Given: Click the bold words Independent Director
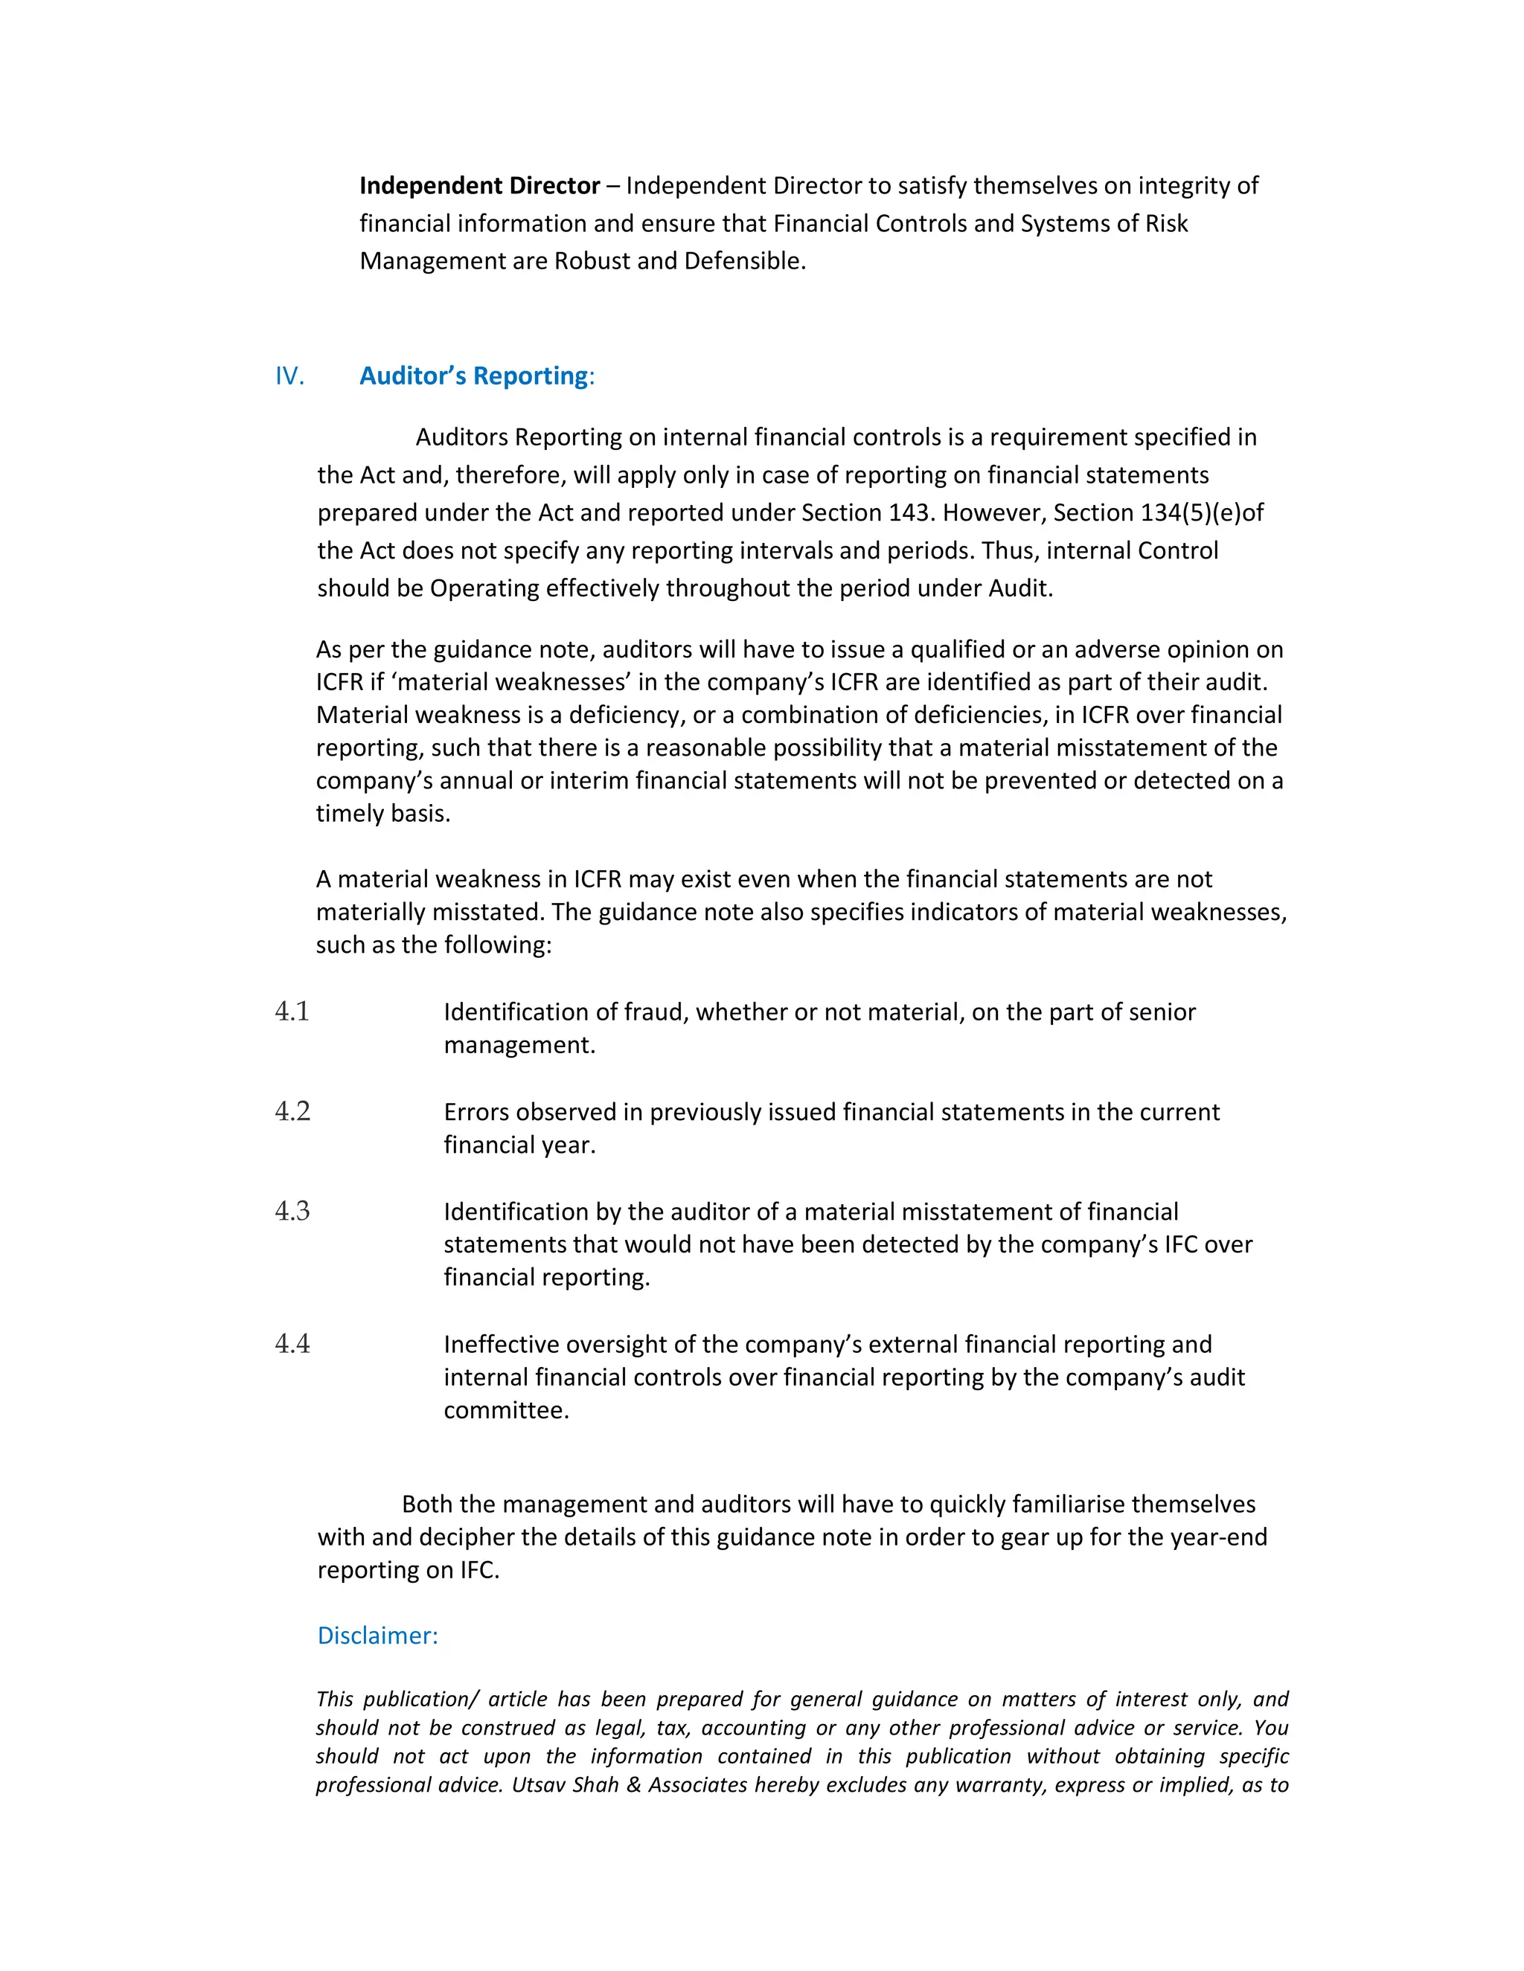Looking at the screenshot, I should pos(479,186).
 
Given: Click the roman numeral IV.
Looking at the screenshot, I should pos(289,376).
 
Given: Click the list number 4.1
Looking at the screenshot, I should pos(292,1012).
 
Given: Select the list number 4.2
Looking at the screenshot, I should pos(292,1112).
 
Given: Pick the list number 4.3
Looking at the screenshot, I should pos(292,1211).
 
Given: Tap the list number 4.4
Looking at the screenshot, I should pos(292,1345).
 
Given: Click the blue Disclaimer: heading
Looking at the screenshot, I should pos(377,1636).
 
